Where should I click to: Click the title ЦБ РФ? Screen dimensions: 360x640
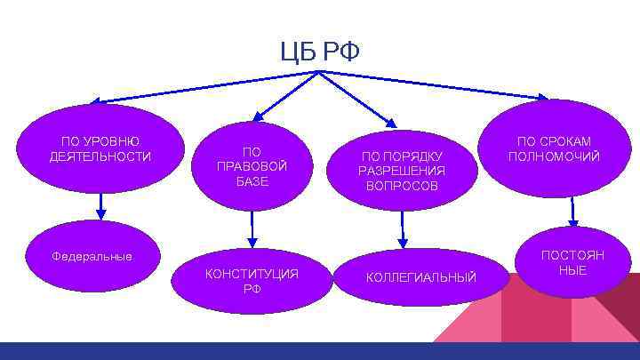click(319, 52)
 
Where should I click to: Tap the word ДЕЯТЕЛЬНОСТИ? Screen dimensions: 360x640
click(100, 157)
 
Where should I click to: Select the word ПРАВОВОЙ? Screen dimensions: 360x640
click(252, 166)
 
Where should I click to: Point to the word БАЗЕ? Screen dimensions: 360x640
click(252, 181)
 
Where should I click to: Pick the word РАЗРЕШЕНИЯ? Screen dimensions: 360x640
click(402, 171)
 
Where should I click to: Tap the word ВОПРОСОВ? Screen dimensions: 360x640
click(402, 186)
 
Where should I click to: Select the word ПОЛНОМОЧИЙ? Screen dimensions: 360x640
click(554, 156)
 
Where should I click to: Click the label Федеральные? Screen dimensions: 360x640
click(92, 257)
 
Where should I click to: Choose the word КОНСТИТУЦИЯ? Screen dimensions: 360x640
click(252, 273)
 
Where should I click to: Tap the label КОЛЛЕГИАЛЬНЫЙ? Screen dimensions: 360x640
click(422, 278)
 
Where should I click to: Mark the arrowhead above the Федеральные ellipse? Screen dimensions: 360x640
click(101, 213)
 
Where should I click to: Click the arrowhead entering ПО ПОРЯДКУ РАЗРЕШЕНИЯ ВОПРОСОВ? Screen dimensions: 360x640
click(391, 122)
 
